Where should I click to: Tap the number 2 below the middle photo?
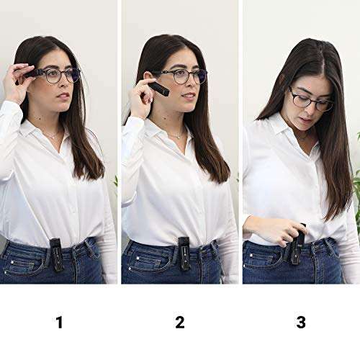(179, 322)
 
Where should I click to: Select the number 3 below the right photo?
(301, 322)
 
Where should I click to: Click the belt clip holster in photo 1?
(56, 254)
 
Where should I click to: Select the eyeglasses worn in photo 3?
(310, 100)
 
